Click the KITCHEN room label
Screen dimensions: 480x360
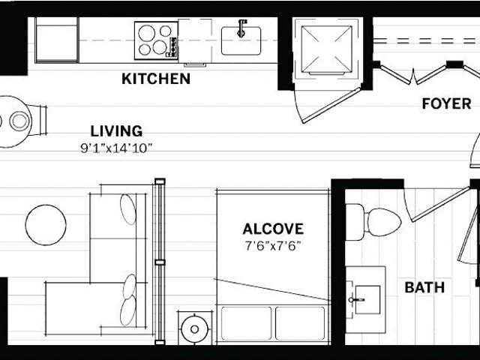pyautogui.click(x=156, y=79)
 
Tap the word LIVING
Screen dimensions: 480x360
pyautogui.click(x=116, y=131)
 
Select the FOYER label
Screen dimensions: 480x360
pyautogui.click(x=446, y=103)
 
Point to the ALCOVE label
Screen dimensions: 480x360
pyautogui.click(x=273, y=229)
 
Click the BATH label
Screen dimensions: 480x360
pyautogui.click(x=424, y=287)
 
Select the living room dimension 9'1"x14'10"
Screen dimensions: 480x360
pyautogui.click(x=116, y=148)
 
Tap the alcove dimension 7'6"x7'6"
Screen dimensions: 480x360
pyautogui.click(x=273, y=246)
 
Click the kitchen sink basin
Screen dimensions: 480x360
pyautogui.click(x=241, y=41)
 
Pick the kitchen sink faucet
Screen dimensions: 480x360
pyautogui.click(x=241, y=28)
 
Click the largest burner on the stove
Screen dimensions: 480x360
pyautogui.click(x=146, y=33)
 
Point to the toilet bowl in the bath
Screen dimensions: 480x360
pyautogui.click(x=384, y=222)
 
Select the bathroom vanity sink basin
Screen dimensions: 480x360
pyautogui.click(x=367, y=300)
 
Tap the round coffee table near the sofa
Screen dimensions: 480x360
pyautogui.click(x=46, y=225)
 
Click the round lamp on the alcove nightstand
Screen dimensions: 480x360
pyautogui.click(x=194, y=329)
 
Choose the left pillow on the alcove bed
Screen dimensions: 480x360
pyautogui.click(x=246, y=323)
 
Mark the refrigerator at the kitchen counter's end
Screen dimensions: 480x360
pyautogui.click(x=56, y=40)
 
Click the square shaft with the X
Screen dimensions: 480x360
pyautogui.click(x=326, y=50)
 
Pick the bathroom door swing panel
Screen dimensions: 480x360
pyautogui.click(x=439, y=204)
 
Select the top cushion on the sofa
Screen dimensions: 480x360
pyautogui.click(x=128, y=210)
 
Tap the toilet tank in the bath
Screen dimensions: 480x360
pyautogui.click(x=355, y=222)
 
